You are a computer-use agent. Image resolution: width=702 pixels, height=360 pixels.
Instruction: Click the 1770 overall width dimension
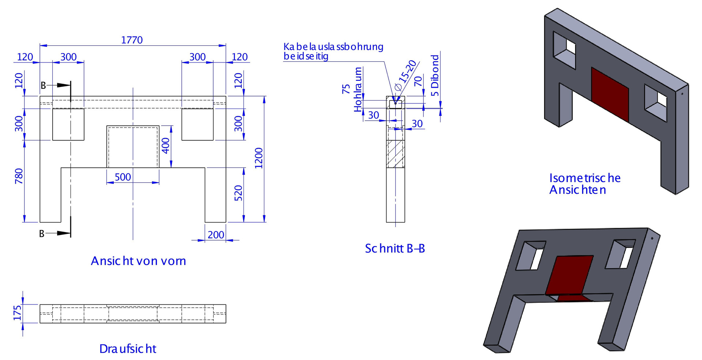click(x=132, y=40)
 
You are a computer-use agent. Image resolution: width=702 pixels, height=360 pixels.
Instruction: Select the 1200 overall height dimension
click(x=259, y=158)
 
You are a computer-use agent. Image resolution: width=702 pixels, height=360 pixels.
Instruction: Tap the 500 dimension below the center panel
click(x=123, y=177)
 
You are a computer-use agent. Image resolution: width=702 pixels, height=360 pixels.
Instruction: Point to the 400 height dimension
click(x=166, y=145)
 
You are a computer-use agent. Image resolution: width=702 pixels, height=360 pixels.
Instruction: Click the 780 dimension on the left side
click(x=19, y=176)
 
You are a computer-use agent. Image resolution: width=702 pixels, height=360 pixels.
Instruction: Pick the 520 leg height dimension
click(x=238, y=193)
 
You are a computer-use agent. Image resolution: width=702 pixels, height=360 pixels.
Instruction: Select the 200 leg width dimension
click(x=216, y=235)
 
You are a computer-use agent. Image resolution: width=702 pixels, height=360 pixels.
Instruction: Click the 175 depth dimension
click(x=17, y=313)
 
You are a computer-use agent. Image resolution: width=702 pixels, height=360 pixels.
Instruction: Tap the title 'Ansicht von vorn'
click(x=138, y=261)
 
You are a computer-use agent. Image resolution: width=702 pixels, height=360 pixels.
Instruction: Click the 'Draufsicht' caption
click(x=128, y=349)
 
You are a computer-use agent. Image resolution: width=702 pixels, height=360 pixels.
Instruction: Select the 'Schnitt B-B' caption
click(x=395, y=249)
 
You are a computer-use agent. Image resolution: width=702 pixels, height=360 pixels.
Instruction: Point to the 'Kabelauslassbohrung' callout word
click(x=333, y=47)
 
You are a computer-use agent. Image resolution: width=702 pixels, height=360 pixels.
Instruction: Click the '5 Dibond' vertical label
click(x=435, y=75)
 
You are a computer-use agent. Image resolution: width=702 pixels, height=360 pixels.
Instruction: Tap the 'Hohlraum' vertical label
click(x=358, y=90)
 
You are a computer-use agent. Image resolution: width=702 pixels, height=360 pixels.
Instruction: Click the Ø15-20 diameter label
click(x=406, y=75)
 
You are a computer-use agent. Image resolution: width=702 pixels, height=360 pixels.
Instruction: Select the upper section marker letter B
click(x=43, y=86)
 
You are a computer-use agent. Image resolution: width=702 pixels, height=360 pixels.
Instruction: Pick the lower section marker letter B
click(x=42, y=234)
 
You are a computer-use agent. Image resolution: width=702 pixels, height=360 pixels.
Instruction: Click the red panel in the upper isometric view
click(x=609, y=94)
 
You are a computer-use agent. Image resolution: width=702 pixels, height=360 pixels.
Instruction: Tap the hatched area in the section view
click(x=395, y=154)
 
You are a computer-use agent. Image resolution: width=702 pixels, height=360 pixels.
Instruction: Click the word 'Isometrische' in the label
click(x=585, y=178)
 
